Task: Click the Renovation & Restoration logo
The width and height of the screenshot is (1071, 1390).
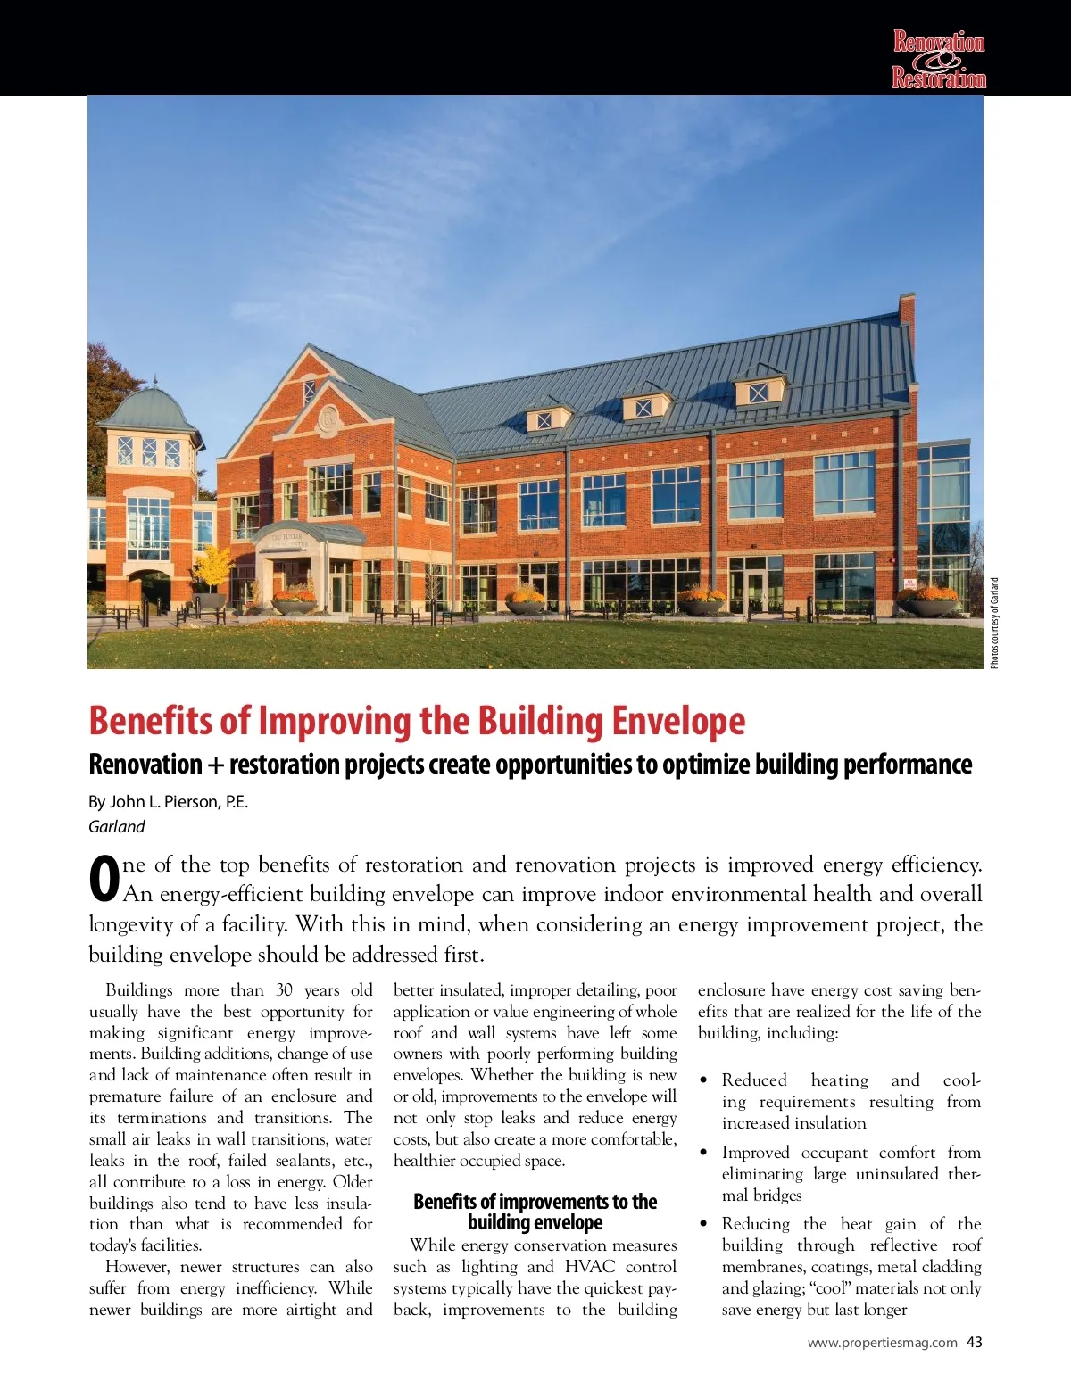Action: coord(939,60)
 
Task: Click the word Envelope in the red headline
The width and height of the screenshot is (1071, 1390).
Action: coord(677,721)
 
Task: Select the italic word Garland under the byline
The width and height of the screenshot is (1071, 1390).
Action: coord(116,827)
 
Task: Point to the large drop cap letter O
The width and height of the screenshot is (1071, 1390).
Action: coord(104,879)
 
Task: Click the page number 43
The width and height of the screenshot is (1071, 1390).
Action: coord(975,1343)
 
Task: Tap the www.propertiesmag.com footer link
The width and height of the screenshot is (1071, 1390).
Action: coord(882,1343)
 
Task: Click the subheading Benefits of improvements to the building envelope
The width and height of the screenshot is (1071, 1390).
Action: coord(535,1212)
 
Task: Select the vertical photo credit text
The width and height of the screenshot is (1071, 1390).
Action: coord(994,623)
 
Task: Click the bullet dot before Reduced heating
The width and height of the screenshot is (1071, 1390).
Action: coord(704,1081)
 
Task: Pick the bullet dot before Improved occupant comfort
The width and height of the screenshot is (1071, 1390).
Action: coord(704,1154)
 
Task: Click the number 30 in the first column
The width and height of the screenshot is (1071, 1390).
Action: coord(285,990)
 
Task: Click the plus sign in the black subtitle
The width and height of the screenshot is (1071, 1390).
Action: coord(215,765)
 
